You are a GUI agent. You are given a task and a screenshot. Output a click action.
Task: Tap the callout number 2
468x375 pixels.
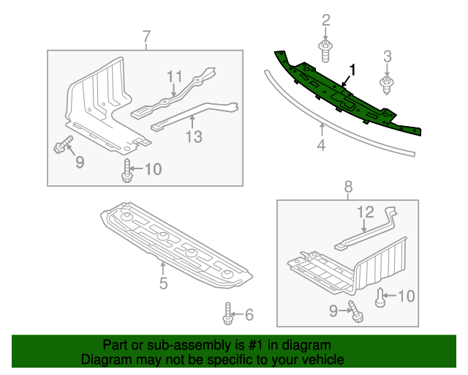(x=326, y=21)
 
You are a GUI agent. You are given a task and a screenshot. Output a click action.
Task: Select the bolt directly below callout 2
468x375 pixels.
(x=326, y=49)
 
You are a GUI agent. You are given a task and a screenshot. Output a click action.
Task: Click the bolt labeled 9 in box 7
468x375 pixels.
(x=63, y=145)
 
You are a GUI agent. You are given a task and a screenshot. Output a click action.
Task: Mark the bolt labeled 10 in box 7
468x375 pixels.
(x=127, y=171)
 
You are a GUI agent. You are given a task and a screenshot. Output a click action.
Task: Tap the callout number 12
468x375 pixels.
(x=364, y=212)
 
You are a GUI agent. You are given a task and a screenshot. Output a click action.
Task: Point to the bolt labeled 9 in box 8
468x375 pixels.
(x=355, y=311)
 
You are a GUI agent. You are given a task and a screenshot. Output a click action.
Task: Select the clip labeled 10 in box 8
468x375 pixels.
(x=381, y=297)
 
